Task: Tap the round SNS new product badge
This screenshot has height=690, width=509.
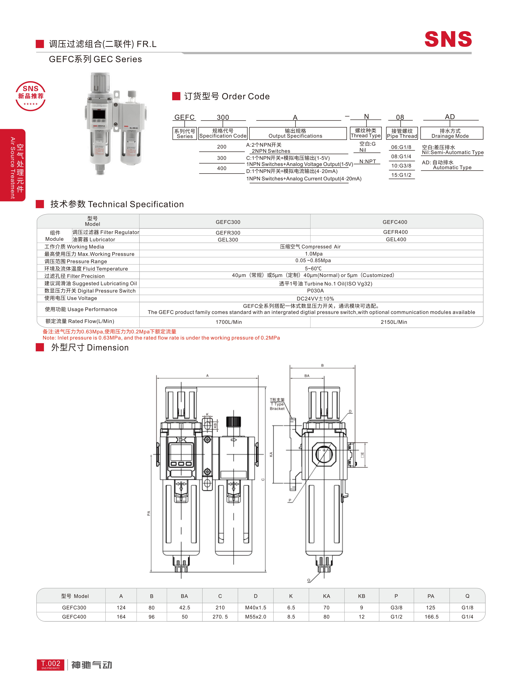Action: [x=30, y=96]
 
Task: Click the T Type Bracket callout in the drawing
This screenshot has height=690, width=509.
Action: [x=277, y=404]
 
